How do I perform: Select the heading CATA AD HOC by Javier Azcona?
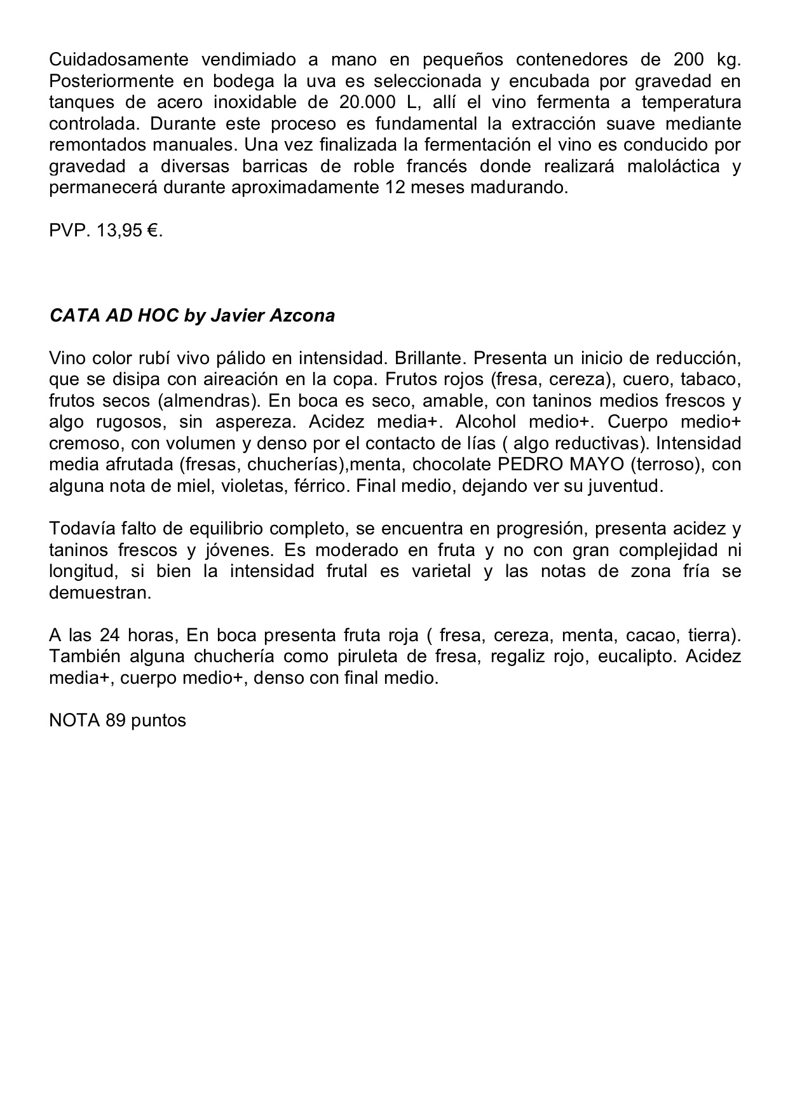point(192,316)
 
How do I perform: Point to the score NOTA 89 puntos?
point(118,721)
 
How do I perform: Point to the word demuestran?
point(100,593)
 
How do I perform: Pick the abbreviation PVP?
point(70,231)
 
